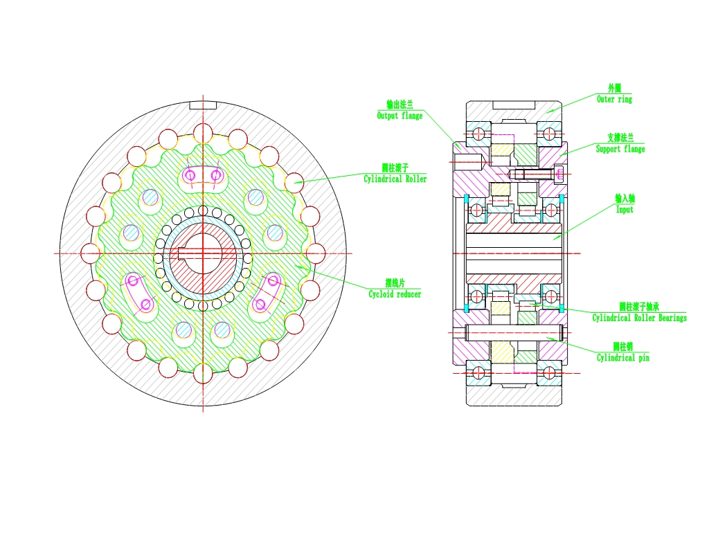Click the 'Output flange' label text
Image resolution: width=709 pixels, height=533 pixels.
(x=400, y=116)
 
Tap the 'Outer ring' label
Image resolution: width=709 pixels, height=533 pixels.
(x=615, y=100)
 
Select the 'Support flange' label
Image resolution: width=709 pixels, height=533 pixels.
(x=620, y=150)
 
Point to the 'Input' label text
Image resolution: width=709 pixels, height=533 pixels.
(x=625, y=209)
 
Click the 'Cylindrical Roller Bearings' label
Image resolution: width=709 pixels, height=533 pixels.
(x=639, y=318)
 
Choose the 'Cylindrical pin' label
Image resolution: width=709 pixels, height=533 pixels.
(x=623, y=358)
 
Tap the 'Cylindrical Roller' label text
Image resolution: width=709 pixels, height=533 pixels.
(x=395, y=179)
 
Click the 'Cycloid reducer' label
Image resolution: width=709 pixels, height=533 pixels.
(x=395, y=294)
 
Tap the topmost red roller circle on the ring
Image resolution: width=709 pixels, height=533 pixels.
(x=203, y=134)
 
